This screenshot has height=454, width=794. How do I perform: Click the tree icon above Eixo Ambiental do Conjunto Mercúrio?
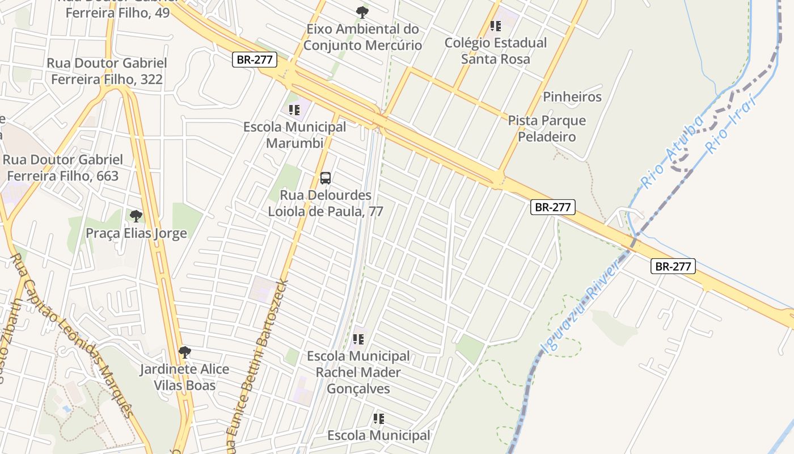click(362, 12)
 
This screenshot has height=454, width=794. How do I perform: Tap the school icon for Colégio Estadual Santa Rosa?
click(496, 26)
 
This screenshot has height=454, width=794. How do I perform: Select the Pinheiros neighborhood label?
click(572, 97)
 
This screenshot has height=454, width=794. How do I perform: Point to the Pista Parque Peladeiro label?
click(546, 129)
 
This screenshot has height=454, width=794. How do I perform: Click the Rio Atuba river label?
click(673, 151)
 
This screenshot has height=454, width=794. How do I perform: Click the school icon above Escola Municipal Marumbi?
click(294, 110)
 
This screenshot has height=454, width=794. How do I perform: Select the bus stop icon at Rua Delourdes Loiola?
click(326, 178)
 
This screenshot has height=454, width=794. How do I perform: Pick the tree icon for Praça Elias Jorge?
click(136, 216)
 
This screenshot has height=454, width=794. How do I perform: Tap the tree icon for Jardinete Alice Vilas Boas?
click(185, 352)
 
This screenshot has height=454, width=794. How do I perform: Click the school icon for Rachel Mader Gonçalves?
click(358, 339)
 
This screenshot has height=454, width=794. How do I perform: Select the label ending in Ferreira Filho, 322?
click(107, 72)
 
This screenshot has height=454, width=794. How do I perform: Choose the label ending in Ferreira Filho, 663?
click(62, 168)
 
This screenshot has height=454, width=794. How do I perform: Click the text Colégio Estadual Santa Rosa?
click(495, 51)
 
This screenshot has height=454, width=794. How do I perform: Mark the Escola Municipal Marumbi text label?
click(294, 135)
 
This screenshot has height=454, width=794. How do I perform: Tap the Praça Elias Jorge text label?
click(136, 233)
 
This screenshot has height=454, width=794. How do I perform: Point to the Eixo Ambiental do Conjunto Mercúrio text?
click(362, 37)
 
